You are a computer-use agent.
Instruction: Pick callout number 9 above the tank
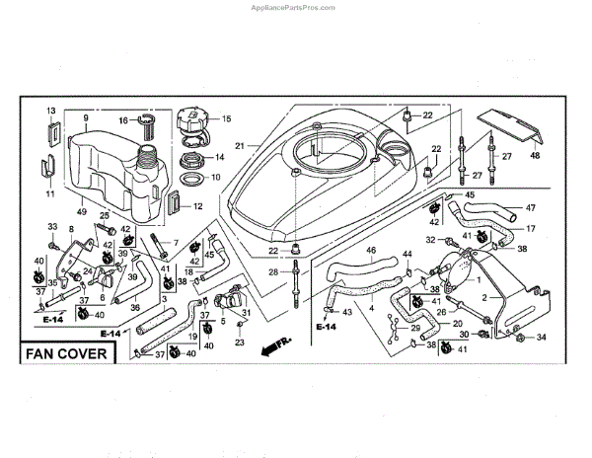[86, 119]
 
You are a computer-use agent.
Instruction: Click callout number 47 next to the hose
[530, 208]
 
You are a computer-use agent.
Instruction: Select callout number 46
[372, 251]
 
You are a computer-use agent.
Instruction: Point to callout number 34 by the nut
[542, 339]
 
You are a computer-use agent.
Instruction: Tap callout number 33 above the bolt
[53, 228]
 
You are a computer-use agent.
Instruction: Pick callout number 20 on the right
[457, 323]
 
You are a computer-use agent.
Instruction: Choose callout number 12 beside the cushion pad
[197, 206]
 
